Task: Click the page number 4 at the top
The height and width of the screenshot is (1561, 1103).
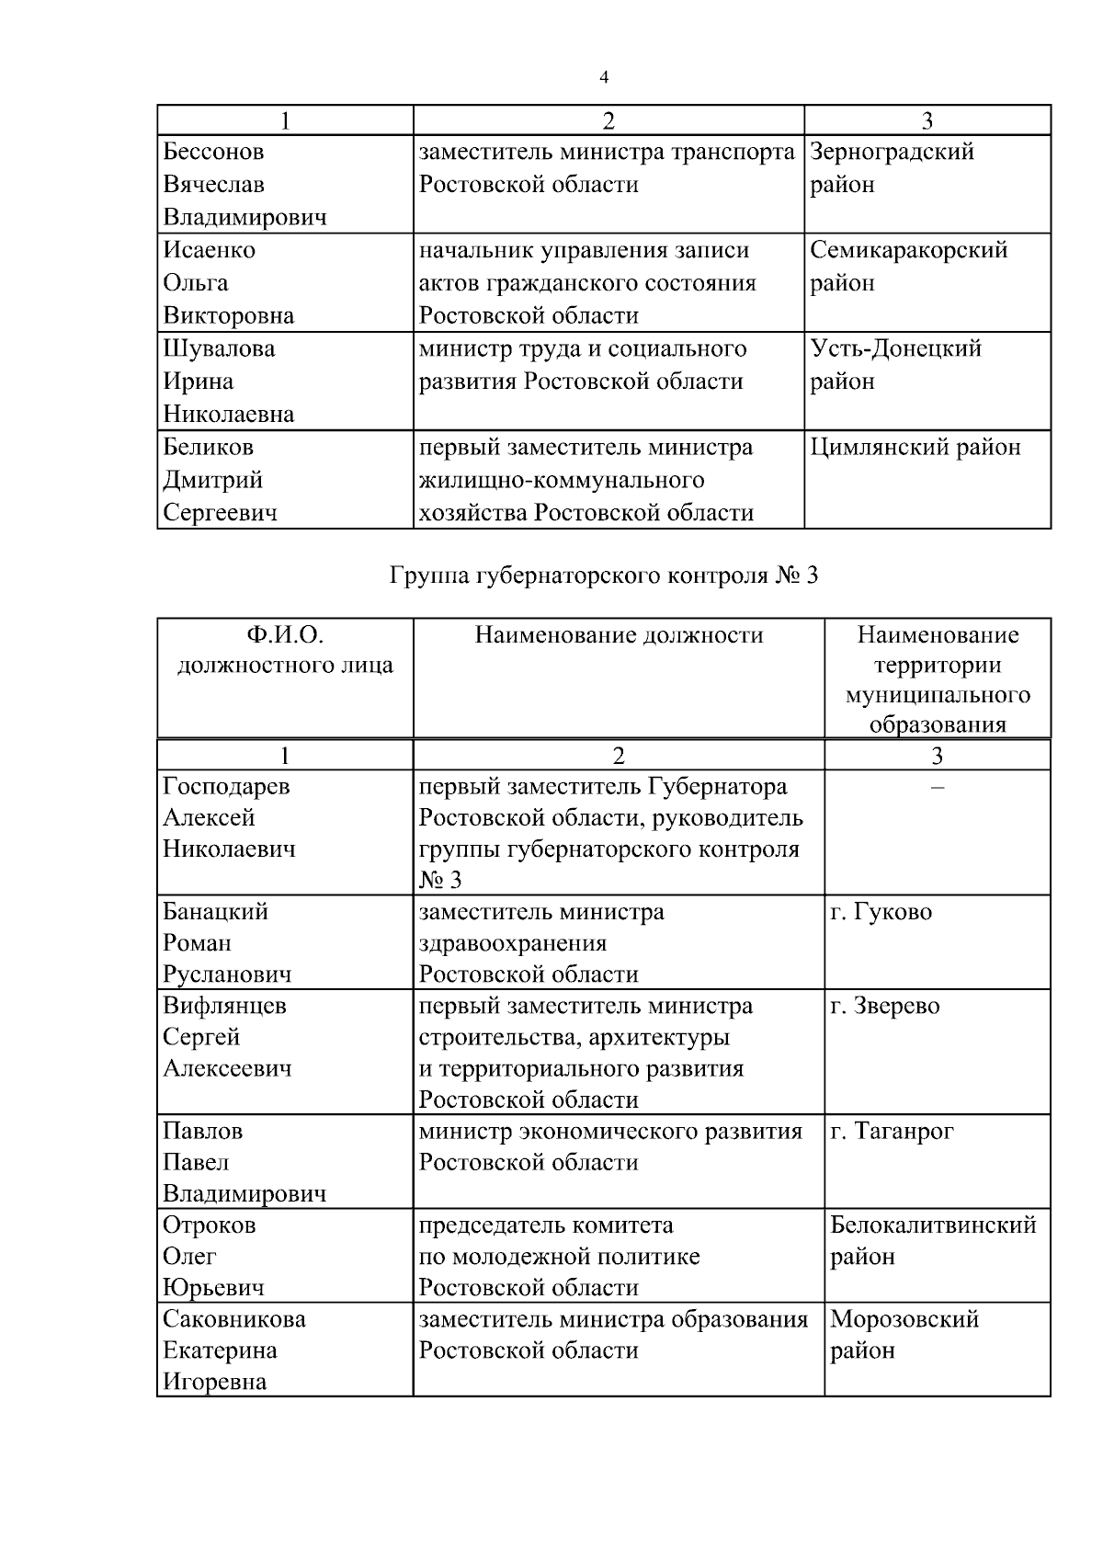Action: point(604,77)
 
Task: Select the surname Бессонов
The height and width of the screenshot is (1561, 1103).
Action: point(213,152)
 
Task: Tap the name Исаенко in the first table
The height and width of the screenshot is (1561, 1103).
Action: point(209,250)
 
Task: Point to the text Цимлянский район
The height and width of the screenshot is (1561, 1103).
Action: point(915,448)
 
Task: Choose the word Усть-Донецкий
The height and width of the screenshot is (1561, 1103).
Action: point(895,348)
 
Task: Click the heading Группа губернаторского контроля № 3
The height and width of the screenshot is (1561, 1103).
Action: point(603,576)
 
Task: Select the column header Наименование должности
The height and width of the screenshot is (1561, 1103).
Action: point(619,635)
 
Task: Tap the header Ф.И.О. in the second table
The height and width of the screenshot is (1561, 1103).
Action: point(285,635)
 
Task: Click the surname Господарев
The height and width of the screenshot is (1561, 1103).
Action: point(226,787)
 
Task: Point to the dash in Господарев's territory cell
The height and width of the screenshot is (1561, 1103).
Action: point(937,787)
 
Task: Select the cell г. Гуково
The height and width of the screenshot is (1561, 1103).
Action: point(881,912)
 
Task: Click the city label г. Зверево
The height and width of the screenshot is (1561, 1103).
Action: point(884,1006)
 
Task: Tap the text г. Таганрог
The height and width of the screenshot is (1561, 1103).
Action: point(892,1131)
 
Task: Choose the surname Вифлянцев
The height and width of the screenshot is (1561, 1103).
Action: point(224,1006)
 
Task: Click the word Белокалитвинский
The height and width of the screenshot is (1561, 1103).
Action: point(933,1225)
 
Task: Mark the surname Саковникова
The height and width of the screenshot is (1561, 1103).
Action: point(234,1319)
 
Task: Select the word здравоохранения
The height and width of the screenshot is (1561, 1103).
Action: point(513,943)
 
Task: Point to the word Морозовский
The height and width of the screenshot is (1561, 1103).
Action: point(904,1319)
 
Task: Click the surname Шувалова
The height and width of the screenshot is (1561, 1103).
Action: point(219,348)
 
